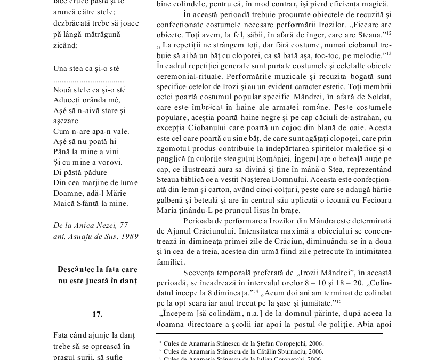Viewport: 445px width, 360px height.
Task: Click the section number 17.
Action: coord(98,314)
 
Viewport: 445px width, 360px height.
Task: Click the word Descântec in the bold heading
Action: coord(77,269)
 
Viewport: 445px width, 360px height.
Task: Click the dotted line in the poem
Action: coord(88,79)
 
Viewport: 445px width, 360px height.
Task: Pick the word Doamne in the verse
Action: coord(67,193)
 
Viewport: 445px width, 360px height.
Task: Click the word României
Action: coord(273,159)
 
